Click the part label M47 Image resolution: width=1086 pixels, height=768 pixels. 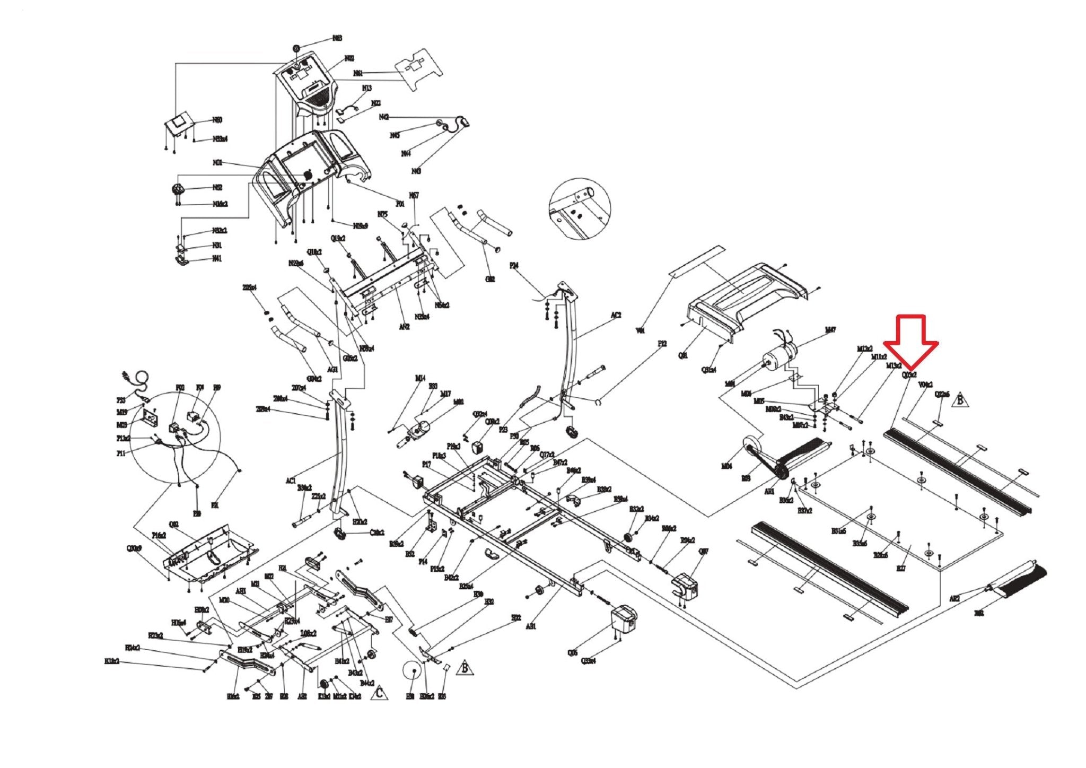pyautogui.click(x=830, y=330)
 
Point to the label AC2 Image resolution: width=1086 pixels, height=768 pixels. pyautogui.click(x=616, y=315)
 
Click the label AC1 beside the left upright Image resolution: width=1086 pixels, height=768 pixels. pyautogui.click(x=290, y=481)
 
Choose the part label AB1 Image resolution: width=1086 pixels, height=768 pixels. pyautogui.click(x=531, y=626)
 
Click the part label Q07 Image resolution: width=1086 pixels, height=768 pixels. pyautogui.click(x=703, y=552)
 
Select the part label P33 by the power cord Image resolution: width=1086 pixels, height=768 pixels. pyautogui.click(x=121, y=400)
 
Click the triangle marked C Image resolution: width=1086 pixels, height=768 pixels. pyautogui.click(x=379, y=693)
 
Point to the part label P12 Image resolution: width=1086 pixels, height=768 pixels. pyautogui.click(x=662, y=344)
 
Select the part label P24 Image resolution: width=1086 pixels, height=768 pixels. pyautogui.click(x=513, y=265)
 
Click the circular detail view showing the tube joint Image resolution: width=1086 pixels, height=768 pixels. pyautogui.click(x=579, y=208)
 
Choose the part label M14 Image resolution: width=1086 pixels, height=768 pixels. pyautogui.click(x=420, y=378)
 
